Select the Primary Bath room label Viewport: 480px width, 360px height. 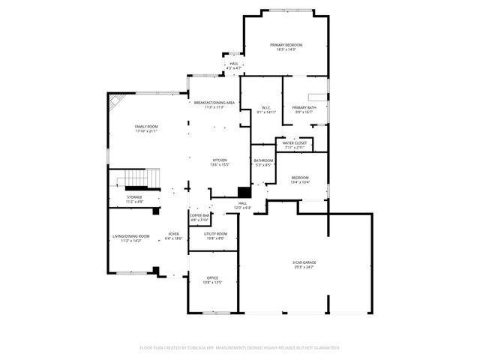pyautogui.click(x=304, y=109)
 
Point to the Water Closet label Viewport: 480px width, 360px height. pyautogui.click(x=294, y=145)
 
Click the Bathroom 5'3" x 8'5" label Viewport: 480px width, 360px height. pyautogui.click(x=263, y=162)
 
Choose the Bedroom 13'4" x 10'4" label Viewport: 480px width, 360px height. pyautogui.click(x=300, y=179)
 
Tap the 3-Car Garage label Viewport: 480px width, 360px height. pyautogui.click(x=304, y=264)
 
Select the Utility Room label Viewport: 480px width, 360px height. pyautogui.click(x=214, y=236)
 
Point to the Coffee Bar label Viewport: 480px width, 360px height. pyautogui.click(x=199, y=217)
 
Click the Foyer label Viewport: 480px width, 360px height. pyautogui.click(x=173, y=236)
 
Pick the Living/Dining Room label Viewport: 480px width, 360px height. pyautogui.click(x=131, y=238)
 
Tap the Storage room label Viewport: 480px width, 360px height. pyautogui.click(x=134, y=199)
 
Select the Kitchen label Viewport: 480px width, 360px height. pyautogui.click(x=220, y=162)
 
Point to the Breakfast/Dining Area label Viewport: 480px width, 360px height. pyautogui.click(x=214, y=104)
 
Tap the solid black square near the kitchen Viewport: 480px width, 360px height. pyautogui.click(x=243, y=192)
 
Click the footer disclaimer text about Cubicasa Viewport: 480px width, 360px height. pyautogui.click(x=240, y=348)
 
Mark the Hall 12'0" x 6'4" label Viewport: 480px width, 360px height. pyautogui.click(x=242, y=205)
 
